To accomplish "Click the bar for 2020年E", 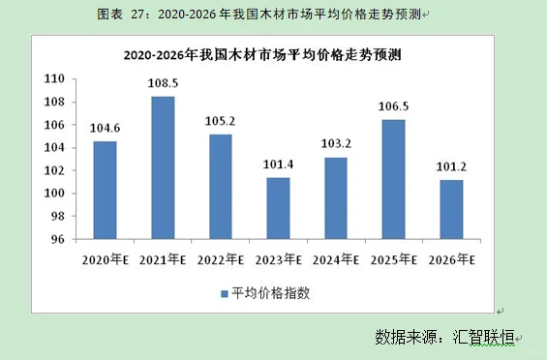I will pos(105,190).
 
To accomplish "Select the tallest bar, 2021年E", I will pos(163,167).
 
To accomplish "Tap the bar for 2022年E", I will pos(221,186).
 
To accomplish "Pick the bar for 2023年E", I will pos(279,208).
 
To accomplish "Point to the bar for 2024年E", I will pos(336,197).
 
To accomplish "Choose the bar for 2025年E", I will pos(394,179).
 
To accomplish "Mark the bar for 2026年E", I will pos(451,209).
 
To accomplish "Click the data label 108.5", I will pos(162,85).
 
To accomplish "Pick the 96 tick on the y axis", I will pos(57,239).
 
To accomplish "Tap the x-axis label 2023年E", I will pos(279,259).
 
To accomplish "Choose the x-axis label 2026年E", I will pos(451,259).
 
